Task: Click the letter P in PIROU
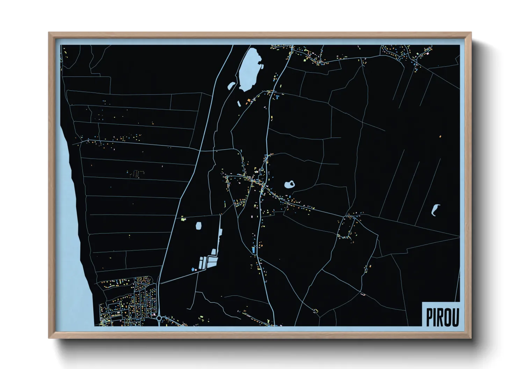[x=430, y=317]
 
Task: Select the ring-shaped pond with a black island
[x=290, y=184]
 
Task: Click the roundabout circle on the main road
[x=159, y=318]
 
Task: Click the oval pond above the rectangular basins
[x=199, y=226]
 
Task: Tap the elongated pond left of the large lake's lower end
[x=231, y=85]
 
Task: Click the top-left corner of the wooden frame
[x=49, y=33]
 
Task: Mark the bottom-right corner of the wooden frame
[x=471, y=338]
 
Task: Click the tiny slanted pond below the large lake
[x=239, y=104]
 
